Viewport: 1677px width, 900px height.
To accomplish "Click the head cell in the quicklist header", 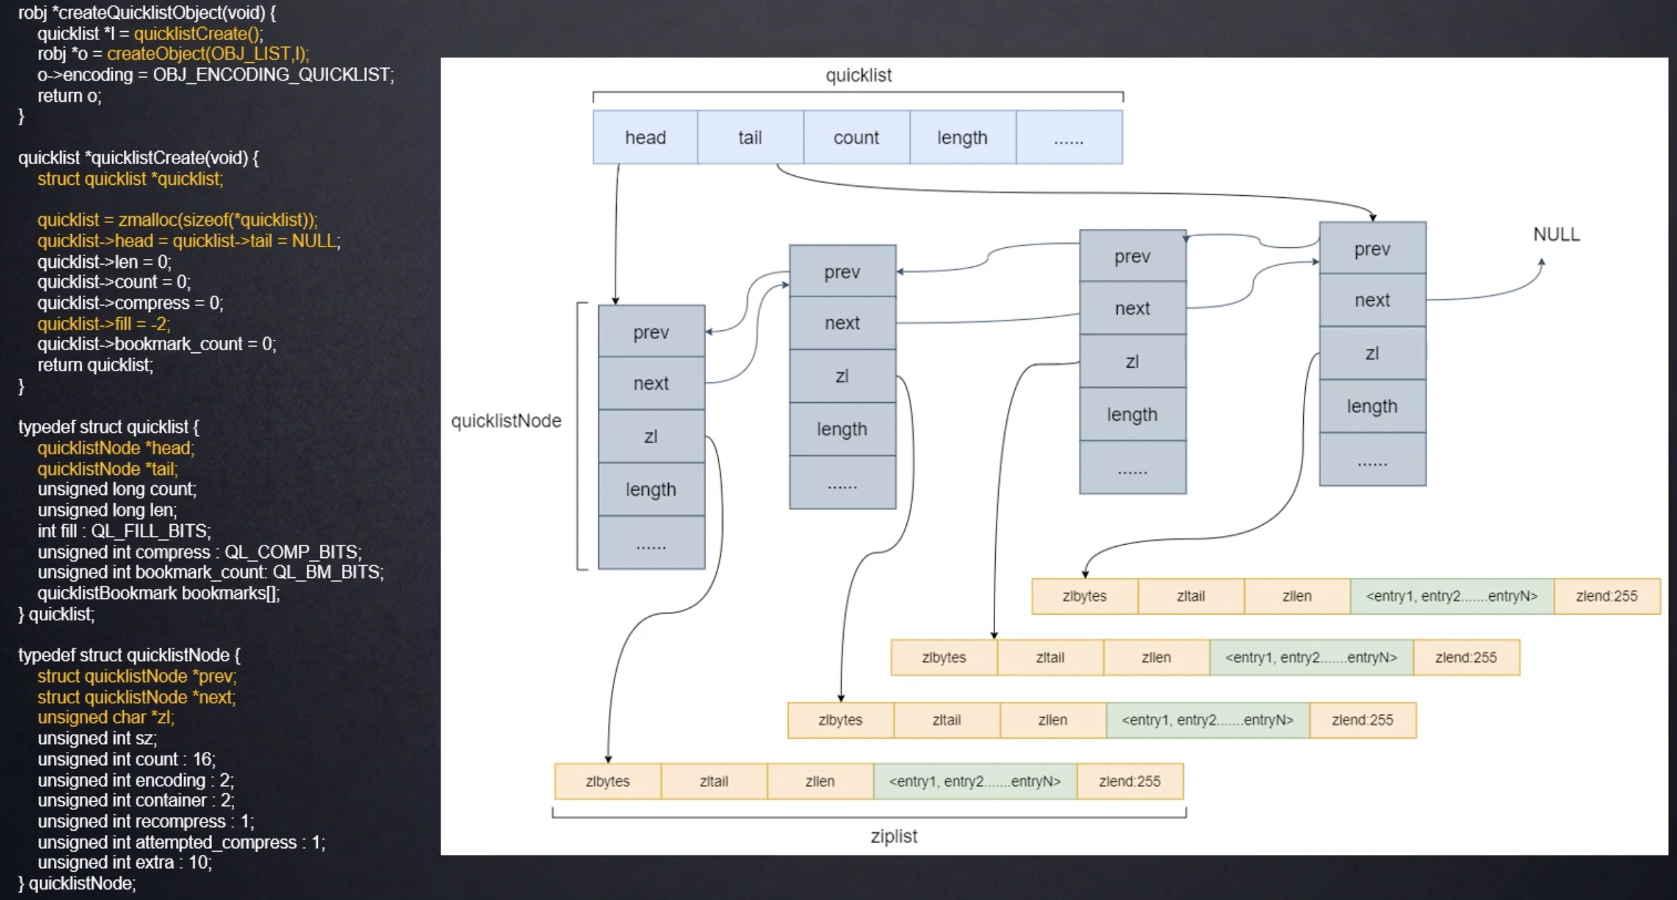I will [x=645, y=137].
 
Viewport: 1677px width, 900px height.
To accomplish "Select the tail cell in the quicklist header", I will [x=750, y=137].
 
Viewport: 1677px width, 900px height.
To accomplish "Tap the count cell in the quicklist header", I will [x=856, y=137].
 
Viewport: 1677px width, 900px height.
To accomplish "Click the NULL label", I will [x=1556, y=235].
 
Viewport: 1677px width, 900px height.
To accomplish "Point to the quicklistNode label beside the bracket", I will [x=505, y=421].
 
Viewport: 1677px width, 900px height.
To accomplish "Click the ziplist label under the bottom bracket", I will [x=893, y=836].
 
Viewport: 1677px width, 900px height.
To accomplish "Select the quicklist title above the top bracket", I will [x=858, y=75].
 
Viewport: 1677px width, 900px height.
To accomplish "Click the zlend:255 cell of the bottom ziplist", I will [x=1129, y=782].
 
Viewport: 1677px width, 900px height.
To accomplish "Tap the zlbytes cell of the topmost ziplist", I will [x=1084, y=596].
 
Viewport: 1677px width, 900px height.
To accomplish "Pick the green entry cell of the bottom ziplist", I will [x=974, y=782].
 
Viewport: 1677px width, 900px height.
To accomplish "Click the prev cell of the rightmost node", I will [x=1372, y=249].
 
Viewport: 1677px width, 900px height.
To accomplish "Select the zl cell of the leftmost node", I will [x=651, y=436].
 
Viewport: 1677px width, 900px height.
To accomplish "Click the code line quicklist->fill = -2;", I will [x=103, y=324].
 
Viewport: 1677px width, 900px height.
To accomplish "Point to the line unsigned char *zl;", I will [x=105, y=717].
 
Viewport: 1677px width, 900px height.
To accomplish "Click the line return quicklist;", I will [x=95, y=365].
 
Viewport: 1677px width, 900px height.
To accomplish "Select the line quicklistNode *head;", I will [x=116, y=448].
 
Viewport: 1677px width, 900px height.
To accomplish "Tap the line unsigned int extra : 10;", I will [x=125, y=863].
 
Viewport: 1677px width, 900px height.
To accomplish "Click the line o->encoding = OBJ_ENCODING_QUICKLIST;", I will [x=215, y=75].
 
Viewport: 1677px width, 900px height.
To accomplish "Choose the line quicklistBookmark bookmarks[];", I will [x=159, y=593].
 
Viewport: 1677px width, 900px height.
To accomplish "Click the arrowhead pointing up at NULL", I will [x=1541, y=262].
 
